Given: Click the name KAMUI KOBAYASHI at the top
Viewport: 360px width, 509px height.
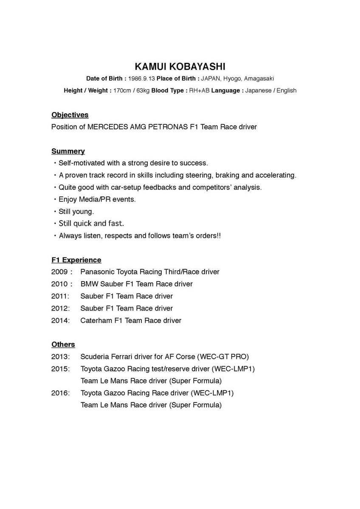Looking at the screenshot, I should click(x=180, y=67).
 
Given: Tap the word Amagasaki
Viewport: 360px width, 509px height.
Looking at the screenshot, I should click(x=259, y=78).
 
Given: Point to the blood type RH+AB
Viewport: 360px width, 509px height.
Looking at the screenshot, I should click(x=199, y=90).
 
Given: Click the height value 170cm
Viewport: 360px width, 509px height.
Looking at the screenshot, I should click(x=122, y=90).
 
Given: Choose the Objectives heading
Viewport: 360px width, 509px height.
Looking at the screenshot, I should click(x=70, y=115).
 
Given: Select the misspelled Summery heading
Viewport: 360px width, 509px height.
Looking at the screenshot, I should click(x=68, y=151).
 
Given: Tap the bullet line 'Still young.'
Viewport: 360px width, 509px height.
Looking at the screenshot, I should click(x=76, y=211).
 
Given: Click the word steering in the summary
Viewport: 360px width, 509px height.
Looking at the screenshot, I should click(x=198, y=175).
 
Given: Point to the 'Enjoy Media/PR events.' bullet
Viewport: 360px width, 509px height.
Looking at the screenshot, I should click(x=97, y=199).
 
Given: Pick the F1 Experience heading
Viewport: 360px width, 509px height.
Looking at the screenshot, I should click(x=76, y=260).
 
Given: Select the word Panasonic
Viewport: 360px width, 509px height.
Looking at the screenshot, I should click(x=97, y=272).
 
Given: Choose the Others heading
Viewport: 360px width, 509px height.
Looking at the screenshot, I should click(x=63, y=344).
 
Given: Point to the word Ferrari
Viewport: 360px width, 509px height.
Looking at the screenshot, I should click(x=120, y=357).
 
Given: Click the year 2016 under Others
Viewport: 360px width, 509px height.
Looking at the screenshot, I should click(x=60, y=393).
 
